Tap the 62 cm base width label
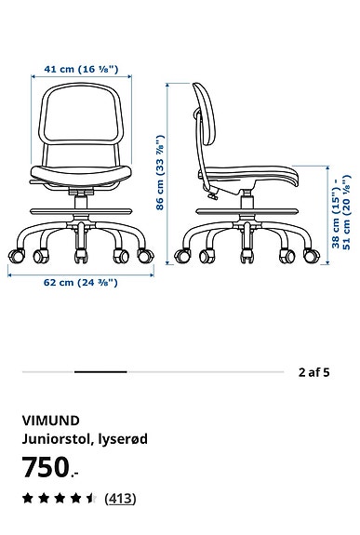click(x=82, y=281)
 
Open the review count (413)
click(x=119, y=499)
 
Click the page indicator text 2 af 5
click(x=313, y=372)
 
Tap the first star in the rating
click(x=28, y=499)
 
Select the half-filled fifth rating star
click(x=91, y=499)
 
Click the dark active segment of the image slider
click(x=100, y=372)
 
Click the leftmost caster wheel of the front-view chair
click(x=13, y=252)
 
